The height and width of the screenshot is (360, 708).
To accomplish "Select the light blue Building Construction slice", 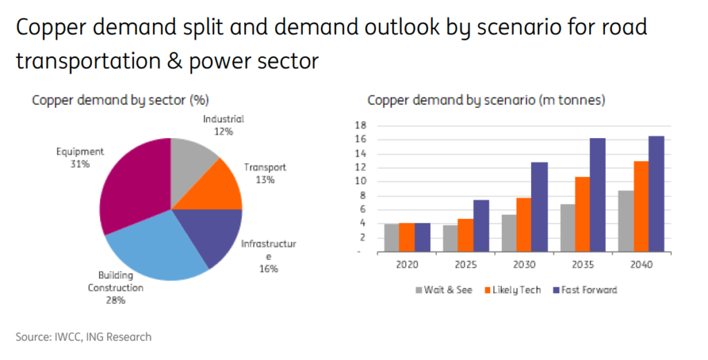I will (x=156, y=245).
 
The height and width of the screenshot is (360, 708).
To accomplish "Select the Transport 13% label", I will (x=265, y=173).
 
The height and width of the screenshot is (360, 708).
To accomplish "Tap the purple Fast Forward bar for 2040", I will (x=655, y=193).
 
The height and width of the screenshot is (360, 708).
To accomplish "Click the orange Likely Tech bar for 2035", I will (x=582, y=214).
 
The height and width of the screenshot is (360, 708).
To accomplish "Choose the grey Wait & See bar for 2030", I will (x=508, y=233).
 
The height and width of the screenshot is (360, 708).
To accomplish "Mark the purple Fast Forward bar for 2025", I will (x=481, y=225).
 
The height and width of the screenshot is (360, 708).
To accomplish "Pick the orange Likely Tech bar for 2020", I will (x=407, y=237).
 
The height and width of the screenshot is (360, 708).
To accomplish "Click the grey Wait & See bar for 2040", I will (x=624, y=221).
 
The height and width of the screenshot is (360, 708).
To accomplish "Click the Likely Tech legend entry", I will (x=512, y=290).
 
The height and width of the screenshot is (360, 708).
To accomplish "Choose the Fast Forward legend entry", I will (x=584, y=290).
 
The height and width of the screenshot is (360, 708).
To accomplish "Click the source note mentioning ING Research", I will (x=84, y=337).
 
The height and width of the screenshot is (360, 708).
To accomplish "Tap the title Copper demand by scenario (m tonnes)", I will (x=486, y=100).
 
